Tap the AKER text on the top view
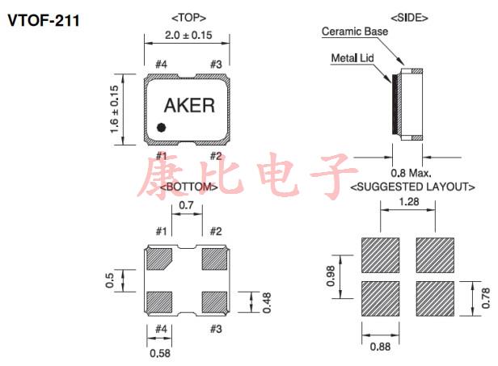click(189, 106)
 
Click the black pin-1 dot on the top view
click(162, 127)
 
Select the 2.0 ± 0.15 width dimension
click(188, 36)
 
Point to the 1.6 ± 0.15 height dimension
click(114, 111)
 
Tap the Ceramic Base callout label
click(355, 32)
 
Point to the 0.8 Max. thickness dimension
click(411, 172)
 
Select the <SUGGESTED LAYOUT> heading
click(412, 187)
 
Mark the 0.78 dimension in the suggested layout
click(485, 298)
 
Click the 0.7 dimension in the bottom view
click(186, 206)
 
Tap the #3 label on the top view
click(216, 65)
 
